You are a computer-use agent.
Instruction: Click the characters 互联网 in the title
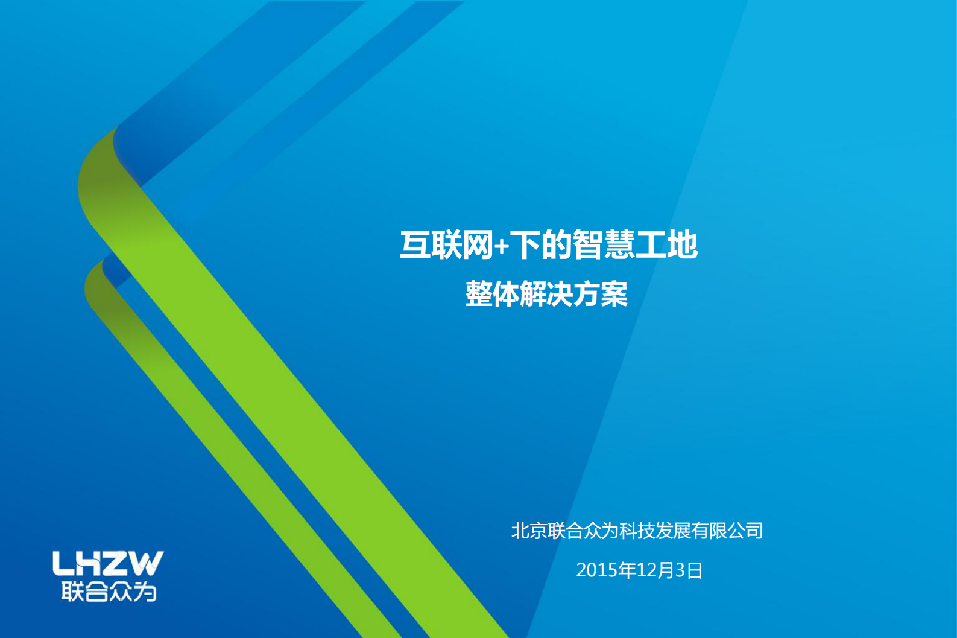tap(446, 245)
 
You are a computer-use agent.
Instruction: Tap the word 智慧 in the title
tap(602, 245)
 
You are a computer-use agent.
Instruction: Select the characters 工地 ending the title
tap(666, 245)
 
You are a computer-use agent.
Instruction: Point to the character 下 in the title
tap(525, 245)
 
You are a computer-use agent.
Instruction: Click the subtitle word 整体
tap(492, 295)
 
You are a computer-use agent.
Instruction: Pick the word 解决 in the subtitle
tap(546, 295)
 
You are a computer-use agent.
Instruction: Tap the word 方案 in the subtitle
tap(601, 295)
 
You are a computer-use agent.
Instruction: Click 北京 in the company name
tap(529, 531)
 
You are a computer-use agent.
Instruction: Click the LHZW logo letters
tap(108, 563)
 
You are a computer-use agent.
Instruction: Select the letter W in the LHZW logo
tap(146, 563)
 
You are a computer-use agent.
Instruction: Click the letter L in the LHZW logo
tap(63, 563)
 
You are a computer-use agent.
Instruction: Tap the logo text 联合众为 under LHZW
tap(109, 592)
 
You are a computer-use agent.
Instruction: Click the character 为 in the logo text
tap(145, 592)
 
